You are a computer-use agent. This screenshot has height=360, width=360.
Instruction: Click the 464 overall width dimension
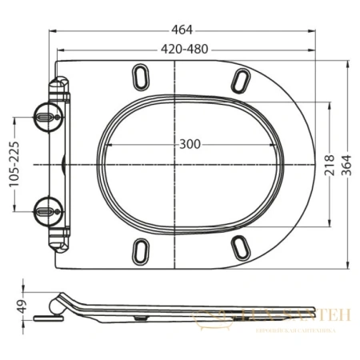[x=182, y=30]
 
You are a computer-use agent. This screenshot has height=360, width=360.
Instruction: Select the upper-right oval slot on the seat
[x=241, y=80]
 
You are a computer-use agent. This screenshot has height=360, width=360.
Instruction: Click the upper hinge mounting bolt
[x=47, y=117]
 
